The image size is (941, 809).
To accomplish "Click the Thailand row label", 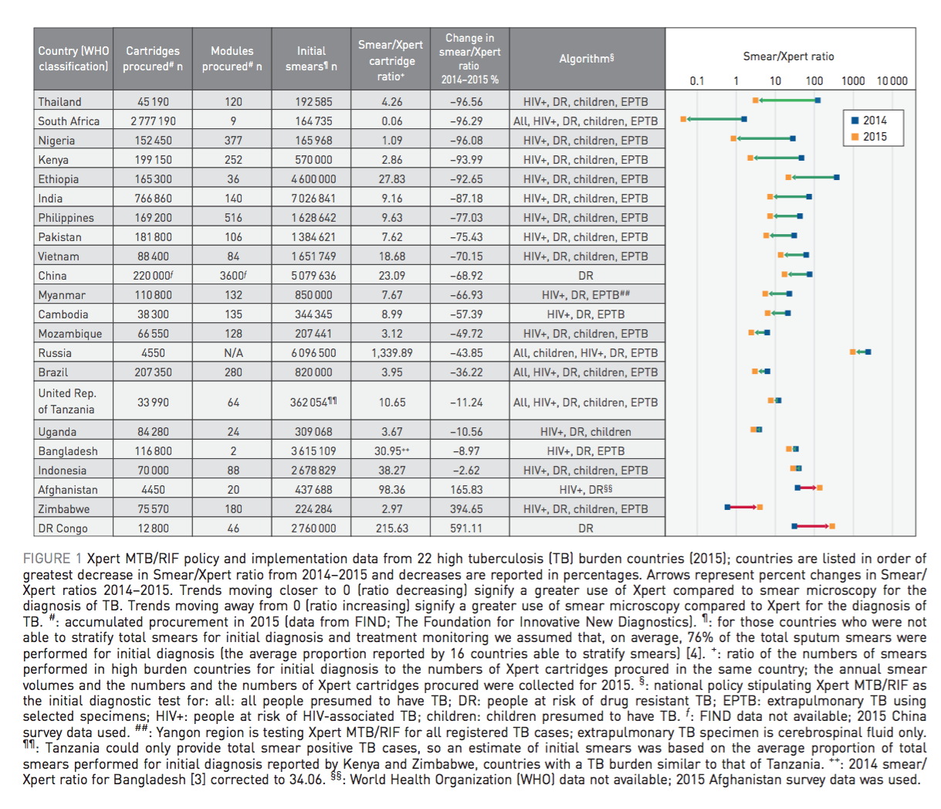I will [x=60, y=102].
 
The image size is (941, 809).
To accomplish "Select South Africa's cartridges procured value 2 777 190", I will [x=153, y=121].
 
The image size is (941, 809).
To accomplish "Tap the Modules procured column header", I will [x=232, y=59].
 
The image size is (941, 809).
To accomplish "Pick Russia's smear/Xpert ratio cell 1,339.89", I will [x=391, y=353].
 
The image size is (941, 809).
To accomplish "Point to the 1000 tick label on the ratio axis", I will [x=853, y=81].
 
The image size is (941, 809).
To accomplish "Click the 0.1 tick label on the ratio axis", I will [x=697, y=81].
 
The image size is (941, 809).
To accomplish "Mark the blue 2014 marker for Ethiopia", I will [x=837, y=178].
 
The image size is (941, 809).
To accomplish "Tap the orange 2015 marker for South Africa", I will [x=683, y=119].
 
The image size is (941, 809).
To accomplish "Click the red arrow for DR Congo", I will [x=812, y=526].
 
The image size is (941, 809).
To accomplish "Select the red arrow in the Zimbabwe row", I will [x=743, y=507].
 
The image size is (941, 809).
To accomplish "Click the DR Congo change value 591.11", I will [x=466, y=529].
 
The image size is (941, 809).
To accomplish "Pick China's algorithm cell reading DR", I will [x=586, y=276].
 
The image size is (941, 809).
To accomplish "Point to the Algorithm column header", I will [x=586, y=59].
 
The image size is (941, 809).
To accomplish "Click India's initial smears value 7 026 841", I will [x=311, y=199].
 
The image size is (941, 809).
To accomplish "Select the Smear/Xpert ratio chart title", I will [x=788, y=56].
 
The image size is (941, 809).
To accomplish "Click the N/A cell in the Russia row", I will [x=233, y=353].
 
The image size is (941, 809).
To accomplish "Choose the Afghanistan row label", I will [x=69, y=490].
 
